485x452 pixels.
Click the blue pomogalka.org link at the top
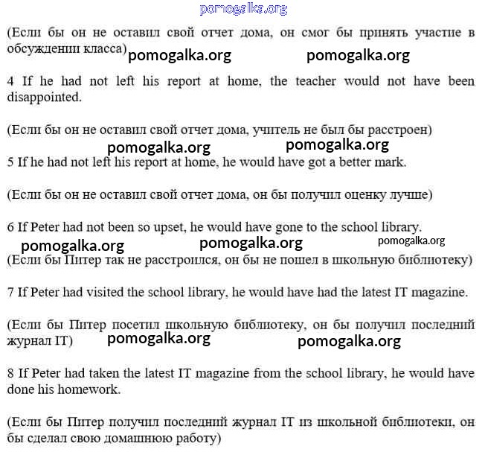(x=243, y=9)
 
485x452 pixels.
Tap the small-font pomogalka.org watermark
(x=411, y=241)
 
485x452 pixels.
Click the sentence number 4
(x=10, y=81)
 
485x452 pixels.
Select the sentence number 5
(x=10, y=162)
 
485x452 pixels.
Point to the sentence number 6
(x=10, y=227)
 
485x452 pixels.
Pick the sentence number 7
(x=10, y=293)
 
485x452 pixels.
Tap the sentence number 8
(x=10, y=373)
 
